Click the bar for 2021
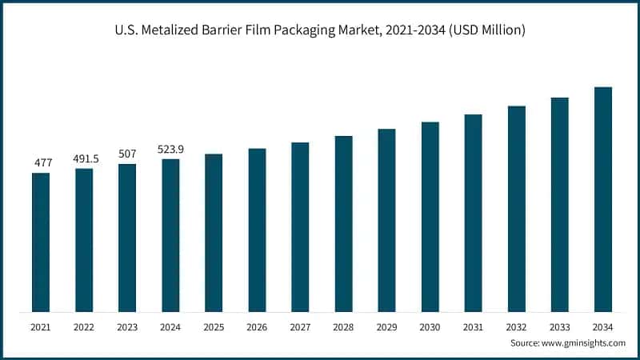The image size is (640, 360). pyautogui.click(x=41, y=242)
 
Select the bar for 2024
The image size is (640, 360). pyautogui.click(x=170, y=235)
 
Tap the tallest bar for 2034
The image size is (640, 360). pyautogui.click(x=603, y=199)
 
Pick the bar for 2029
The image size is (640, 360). pyautogui.click(x=386, y=220)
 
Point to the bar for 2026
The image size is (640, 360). pyautogui.click(x=257, y=230)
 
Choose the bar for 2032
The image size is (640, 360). pyautogui.click(x=517, y=209)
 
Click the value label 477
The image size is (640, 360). pyautogui.click(x=42, y=162)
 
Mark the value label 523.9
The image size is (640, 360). pyautogui.click(x=170, y=149)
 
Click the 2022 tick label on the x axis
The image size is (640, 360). pyautogui.click(x=84, y=326)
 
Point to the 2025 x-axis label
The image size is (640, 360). pyautogui.click(x=214, y=326)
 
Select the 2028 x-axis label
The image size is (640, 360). pyautogui.click(x=343, y=326)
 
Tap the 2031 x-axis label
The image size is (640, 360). pyautogui.click(x=474, y=326)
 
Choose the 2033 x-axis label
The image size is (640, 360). pyautogui.click(x=560, y=326)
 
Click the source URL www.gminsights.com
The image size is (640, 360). pyautogui.click(x=584, y=342)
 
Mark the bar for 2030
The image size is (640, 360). pyautogui.click(x=430, y=217)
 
